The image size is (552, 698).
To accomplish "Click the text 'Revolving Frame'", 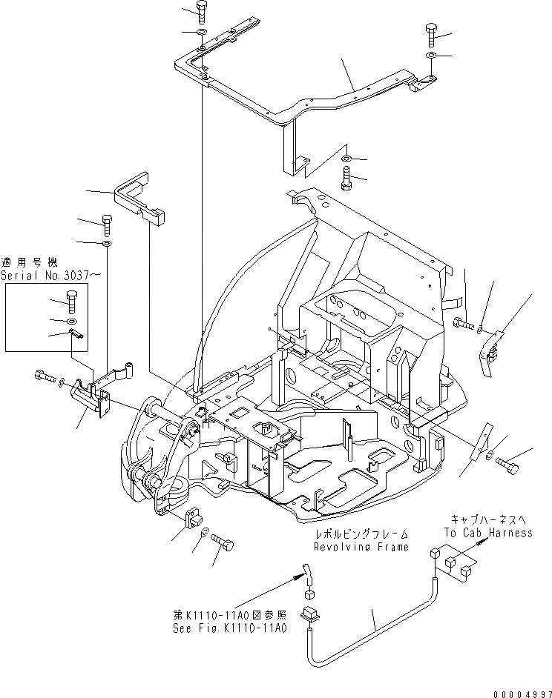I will [x=361, y=548].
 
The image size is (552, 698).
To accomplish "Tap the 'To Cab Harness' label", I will [x=488, y=533].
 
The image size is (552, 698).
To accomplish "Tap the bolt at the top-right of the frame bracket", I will [x=432, y=34].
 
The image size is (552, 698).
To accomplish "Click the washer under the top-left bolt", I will [x=201, y=34].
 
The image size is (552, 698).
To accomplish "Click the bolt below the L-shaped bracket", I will [x=106, y=220].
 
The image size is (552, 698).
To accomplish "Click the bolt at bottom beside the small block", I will [x=223, y=545].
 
